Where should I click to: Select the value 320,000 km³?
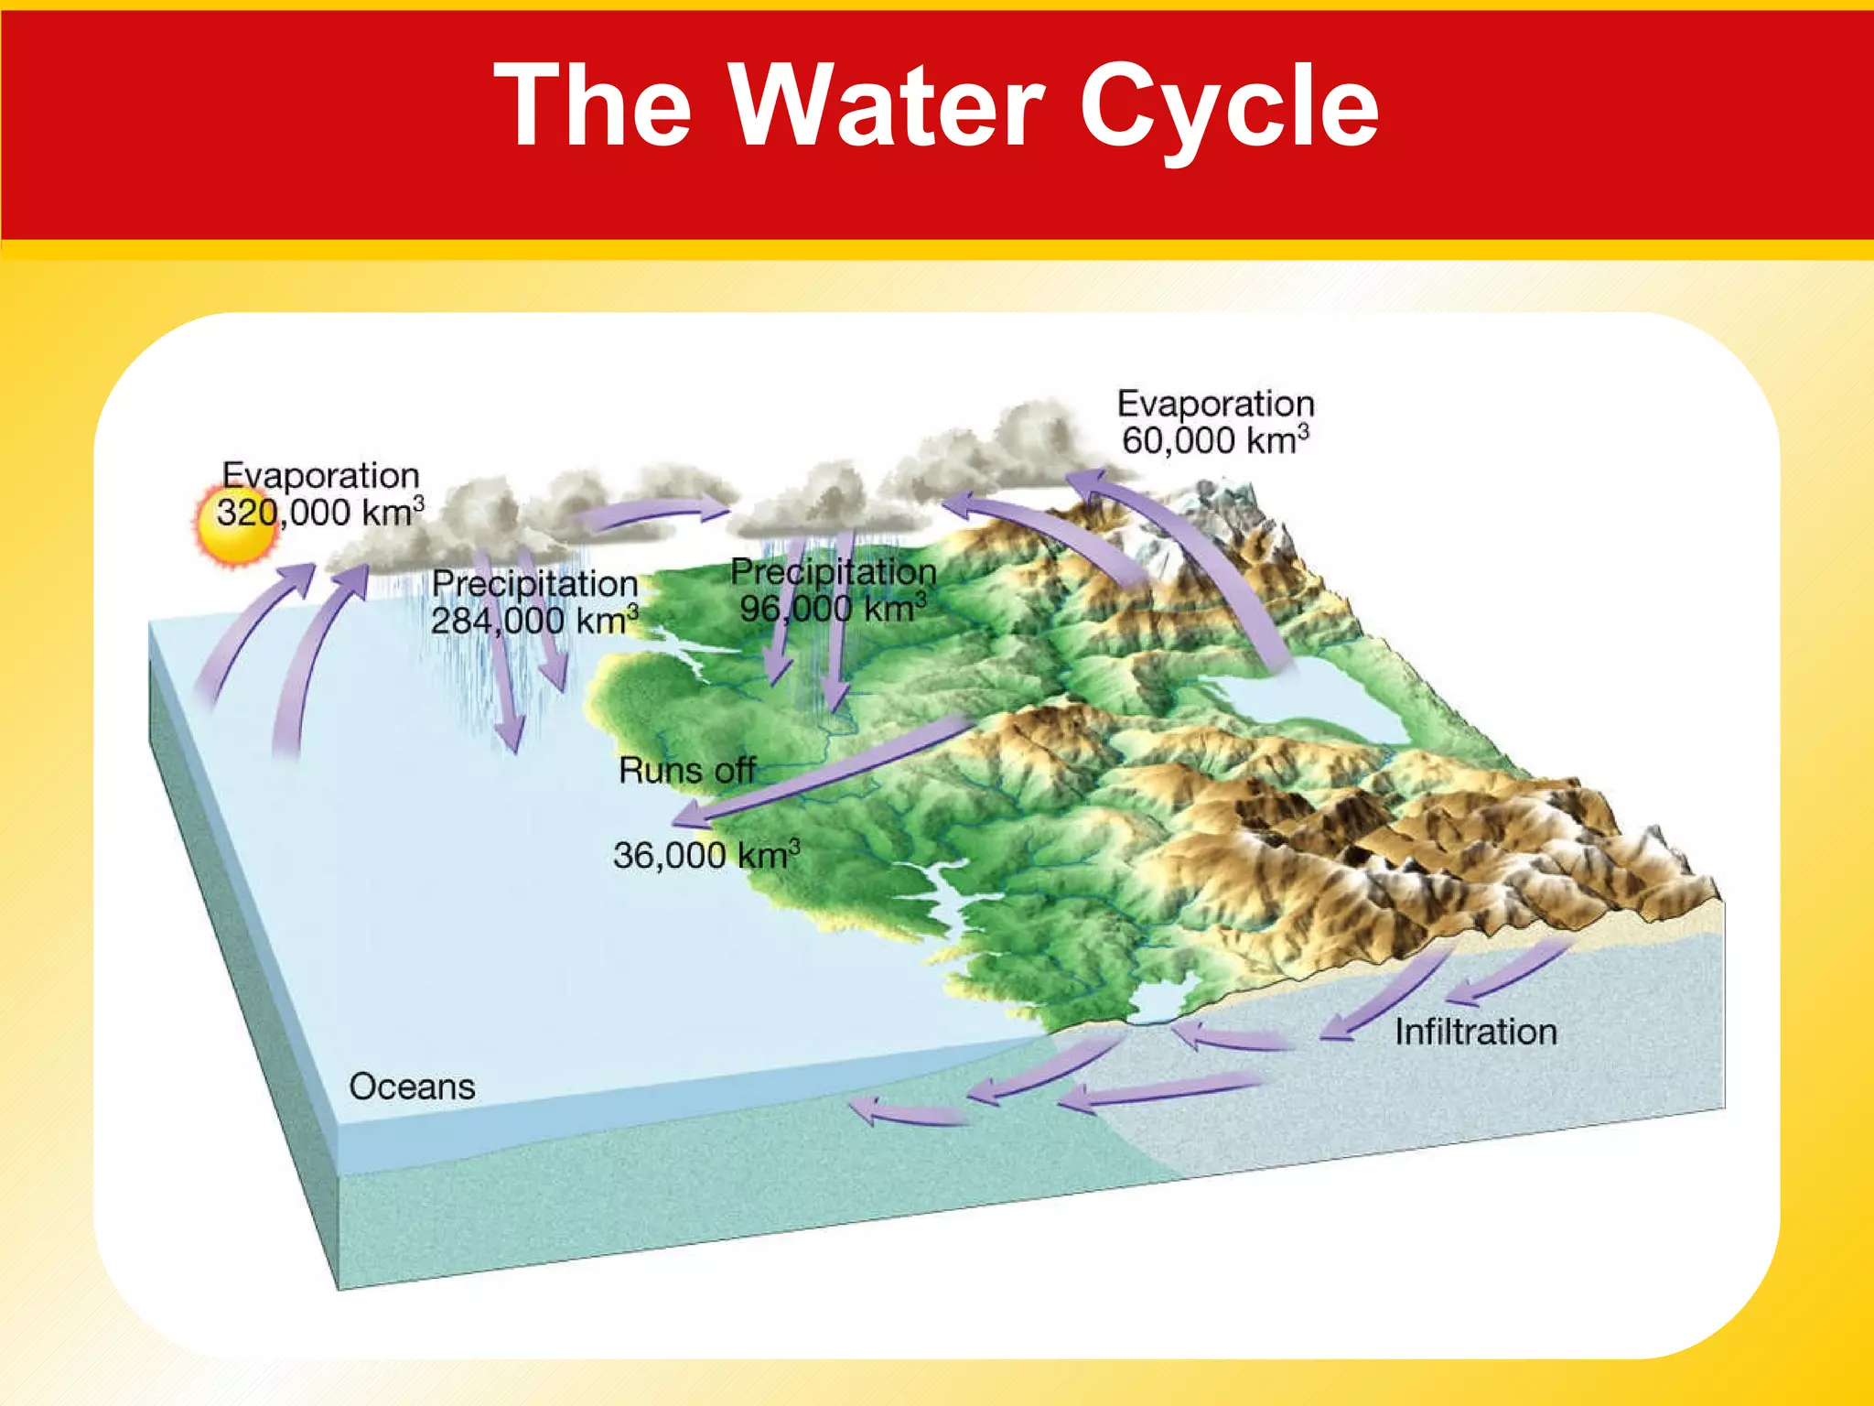319,513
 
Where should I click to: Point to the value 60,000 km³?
1214,441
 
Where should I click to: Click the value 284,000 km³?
533,622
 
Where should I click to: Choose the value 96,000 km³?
833,610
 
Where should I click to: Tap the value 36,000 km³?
705,856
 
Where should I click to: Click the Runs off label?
686,771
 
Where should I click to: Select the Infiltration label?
1475,1033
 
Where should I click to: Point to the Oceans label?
412,1087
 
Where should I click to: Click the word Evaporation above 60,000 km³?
1215,404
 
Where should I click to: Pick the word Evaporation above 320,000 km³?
320,476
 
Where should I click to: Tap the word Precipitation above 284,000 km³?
534,584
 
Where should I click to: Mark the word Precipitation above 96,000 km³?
833,572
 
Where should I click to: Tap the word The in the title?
592,104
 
